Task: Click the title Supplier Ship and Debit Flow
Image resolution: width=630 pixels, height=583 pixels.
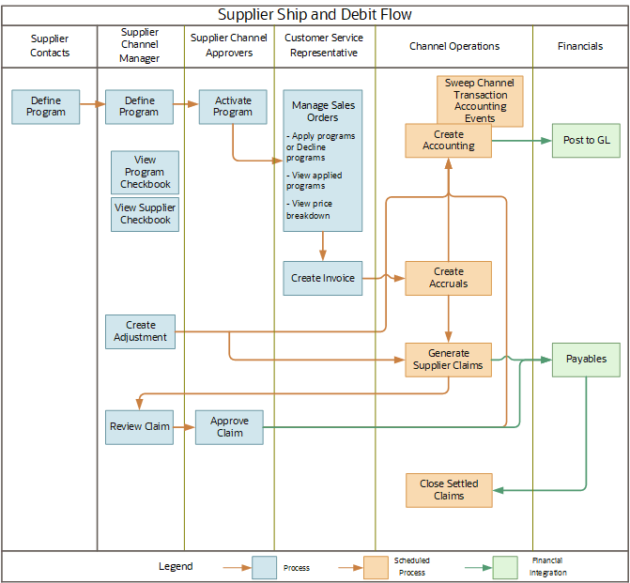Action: coord(315,14)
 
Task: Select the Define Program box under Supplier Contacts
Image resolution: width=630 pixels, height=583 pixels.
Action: coord(46,107)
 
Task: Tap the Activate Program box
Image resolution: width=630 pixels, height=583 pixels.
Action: coord(232,107)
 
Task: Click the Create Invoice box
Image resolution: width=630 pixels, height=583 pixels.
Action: coord(322,278)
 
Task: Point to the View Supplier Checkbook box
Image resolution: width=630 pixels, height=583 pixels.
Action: coord(145,214)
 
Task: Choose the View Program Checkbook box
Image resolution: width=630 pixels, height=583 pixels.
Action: coord(145,172)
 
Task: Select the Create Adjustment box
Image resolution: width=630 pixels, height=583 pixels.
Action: coord(140,331)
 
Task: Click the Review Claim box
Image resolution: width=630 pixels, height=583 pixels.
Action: coord(140,426)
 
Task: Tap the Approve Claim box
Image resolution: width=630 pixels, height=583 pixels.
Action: coord(229,426)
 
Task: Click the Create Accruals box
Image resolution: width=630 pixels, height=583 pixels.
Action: coord(449,278)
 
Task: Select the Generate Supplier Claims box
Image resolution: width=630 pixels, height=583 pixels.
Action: coord(449,360)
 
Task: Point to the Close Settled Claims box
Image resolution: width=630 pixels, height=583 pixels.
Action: coord(449,489)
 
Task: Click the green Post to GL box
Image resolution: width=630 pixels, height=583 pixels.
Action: coord(586,140)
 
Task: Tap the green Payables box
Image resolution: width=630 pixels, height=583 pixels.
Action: coord(586,359)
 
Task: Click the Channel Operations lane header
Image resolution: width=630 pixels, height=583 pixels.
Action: coord(454,46)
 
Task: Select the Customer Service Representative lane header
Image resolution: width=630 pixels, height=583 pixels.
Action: coord(325,46)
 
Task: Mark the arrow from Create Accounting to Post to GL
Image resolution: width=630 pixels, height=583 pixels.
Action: coord(521,141)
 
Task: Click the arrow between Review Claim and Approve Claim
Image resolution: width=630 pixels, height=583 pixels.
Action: coord(184,426)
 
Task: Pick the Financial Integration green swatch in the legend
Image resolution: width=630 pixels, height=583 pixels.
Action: coord(505,567)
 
